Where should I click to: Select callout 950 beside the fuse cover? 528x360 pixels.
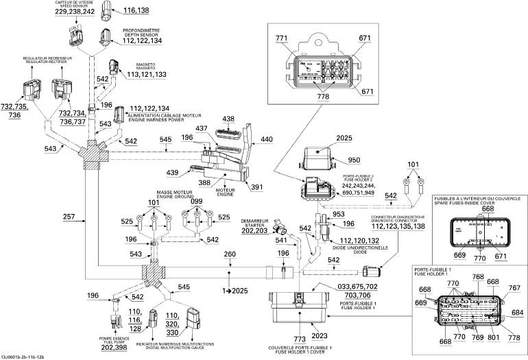354,160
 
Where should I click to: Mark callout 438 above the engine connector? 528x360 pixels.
229,119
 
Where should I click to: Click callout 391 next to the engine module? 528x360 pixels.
255,187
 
